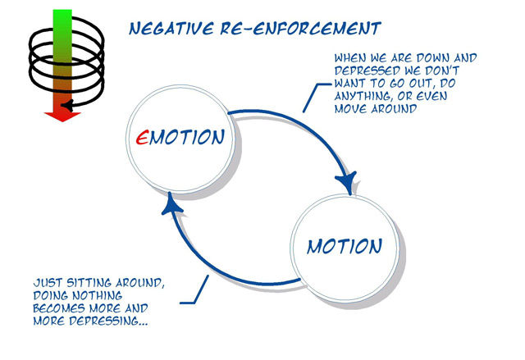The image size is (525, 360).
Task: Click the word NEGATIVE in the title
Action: click(x=171, y=29)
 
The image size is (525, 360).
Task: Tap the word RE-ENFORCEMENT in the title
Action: click(x=301, y=29)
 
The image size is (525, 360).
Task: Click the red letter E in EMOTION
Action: click(x=142, y=137)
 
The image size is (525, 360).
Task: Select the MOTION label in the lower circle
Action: click(x=345, y=247)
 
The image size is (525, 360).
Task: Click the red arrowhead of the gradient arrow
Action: click(x=62, y=116)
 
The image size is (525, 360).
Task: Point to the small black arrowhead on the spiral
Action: click(x=67, y=106)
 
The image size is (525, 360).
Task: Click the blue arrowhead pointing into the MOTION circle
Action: click(x=346, y=182)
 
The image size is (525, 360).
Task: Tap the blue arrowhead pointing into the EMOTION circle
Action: click(x=171, y=203)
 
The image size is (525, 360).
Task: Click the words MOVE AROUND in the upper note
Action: click(x=376, y=109)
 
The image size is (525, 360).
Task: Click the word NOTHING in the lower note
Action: click(x=98, y=296)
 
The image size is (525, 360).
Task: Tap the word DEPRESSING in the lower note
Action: click(x=105, y=321)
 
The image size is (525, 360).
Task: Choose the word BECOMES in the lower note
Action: click(x=59, y=308)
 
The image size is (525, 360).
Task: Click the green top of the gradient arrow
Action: click(x=62, y=20)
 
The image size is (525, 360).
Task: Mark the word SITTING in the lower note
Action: click(x=89, y=283)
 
